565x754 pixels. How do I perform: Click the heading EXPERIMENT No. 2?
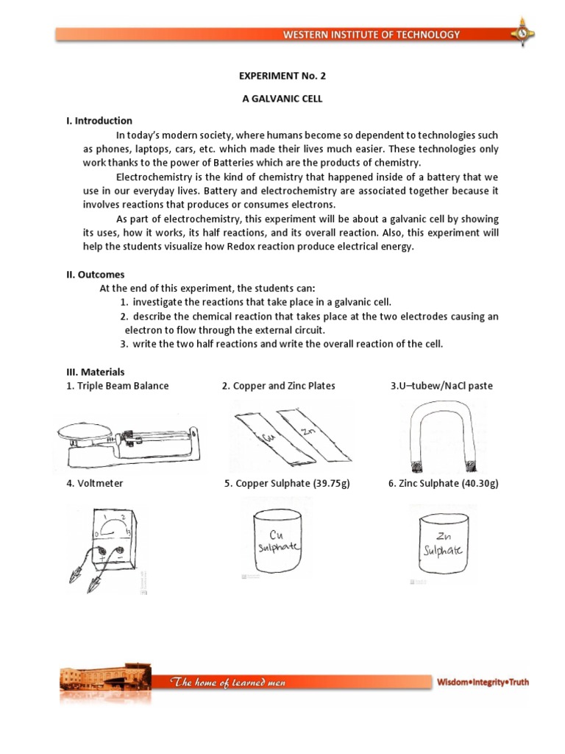pyautogui.click(x=282, y=76)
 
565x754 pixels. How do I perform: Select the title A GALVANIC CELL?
pyautogui.click(x=282, y=98)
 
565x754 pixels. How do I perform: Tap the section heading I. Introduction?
pyautogui.click(x=99, y=121)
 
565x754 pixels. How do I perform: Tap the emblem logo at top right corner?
pyautogui.click(x=523, y=32)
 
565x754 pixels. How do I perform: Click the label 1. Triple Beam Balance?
pyautogui.click(x=118, y=386)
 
